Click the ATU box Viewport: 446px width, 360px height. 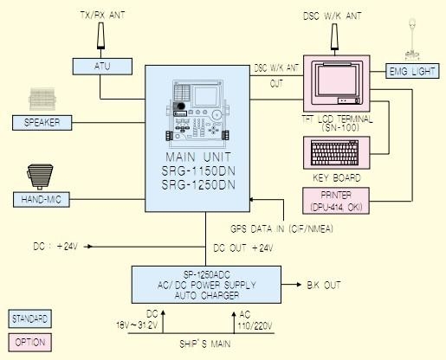pyautogui.click(x=102, y=67)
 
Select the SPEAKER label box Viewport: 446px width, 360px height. pyautogui.click(x=42, y=123)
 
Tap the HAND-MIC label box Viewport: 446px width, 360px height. pyautogui.click(x=42, y=199)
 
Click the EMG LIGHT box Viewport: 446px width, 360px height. pyautogui.click(x=412, y=71)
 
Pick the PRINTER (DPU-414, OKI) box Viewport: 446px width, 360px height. pyautogui.click(x=336, y=201)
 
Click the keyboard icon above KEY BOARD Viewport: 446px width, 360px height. pyautogui.click(x=334, y=152)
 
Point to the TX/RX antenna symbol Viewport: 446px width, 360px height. pyautogui.click(x=100, y=35)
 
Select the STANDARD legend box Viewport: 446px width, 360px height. pyautogui.click(x=30, y=318)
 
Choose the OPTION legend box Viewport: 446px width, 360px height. pyautogui.click(x=30, y=343)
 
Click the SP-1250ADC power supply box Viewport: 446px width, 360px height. pyautogui.click(x=206, y=285)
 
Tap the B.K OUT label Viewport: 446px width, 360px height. pyautogui.click(x=324, y=285)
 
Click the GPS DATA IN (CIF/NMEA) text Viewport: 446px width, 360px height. pyautogui.click(x=281, y=228)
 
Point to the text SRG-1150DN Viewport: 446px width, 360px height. pyautogui.click(x=198, y=171)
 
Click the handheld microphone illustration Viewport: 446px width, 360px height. pyautogui.click(x=40, y=177)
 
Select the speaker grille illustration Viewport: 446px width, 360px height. pyautogui.click(x=42, y=99)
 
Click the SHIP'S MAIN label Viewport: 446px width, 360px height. pyautogui.click(x=205, y=344)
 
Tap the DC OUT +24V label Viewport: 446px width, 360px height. pyautogui.click(x=243, y=248)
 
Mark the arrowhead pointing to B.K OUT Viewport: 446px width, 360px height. pyautogui.click(x=299, y=285)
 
